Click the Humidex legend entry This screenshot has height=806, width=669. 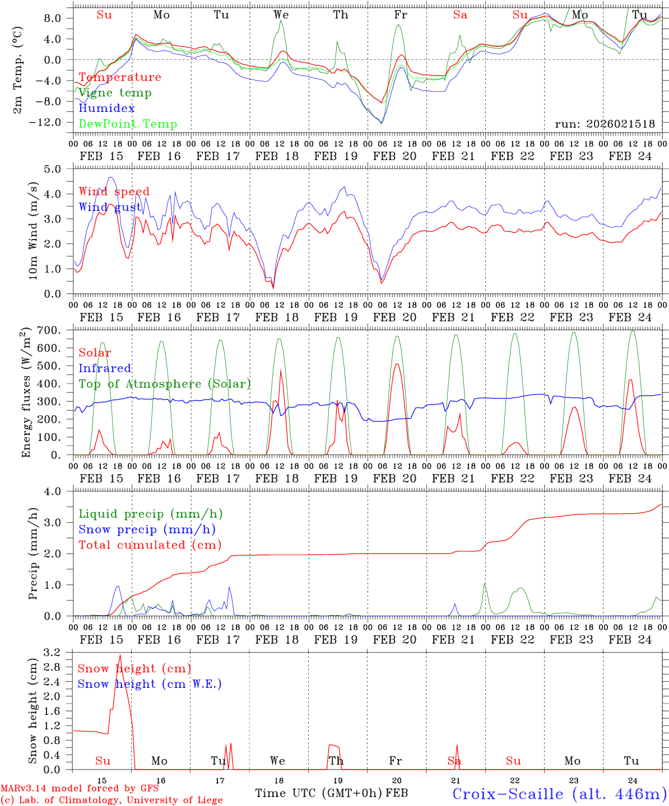(106, 108)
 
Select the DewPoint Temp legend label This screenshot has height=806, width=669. (128, 124)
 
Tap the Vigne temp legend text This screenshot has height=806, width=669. (115, 92)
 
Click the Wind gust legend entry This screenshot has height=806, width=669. (110, 207)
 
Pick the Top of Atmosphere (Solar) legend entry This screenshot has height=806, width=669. (165, 384)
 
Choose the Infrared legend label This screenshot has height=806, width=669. (105, 368)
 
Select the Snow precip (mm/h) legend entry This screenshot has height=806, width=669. (147, 529)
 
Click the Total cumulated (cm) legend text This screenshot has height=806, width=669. (150, 545)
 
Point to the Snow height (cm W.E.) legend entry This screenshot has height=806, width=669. (150, 684)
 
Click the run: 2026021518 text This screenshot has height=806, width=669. (605, 124)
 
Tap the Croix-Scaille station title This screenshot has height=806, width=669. (559, 794)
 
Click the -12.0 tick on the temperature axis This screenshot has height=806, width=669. (52, 123)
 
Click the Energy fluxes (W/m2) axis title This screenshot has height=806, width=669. (26, 393)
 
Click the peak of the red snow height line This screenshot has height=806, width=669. (120, 654)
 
